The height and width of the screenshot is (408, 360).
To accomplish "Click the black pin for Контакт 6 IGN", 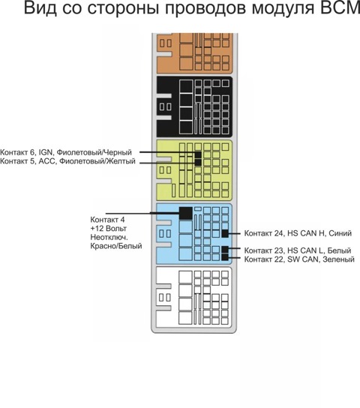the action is pos(198,154).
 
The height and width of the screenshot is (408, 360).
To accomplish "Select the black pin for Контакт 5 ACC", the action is pos(198,162).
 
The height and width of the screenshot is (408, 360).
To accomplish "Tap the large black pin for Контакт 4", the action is pos(186,213).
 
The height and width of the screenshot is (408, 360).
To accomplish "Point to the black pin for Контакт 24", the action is pos(225,233).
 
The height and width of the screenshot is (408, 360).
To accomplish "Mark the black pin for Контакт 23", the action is pos(225,250).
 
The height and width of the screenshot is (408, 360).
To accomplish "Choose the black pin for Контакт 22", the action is pos(225,257).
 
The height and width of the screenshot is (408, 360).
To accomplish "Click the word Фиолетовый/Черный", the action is pos(94,152).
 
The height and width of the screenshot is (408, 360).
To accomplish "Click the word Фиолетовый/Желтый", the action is pos(97,161).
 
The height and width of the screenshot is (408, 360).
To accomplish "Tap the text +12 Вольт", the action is pos(109,229).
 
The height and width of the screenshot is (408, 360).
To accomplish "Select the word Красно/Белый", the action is pos(116,246).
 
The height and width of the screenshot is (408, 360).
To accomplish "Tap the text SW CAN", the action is pos(303,259).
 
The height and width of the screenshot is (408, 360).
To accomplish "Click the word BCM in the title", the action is pos(340,7).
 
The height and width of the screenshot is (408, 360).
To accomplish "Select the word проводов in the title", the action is pos(205,8).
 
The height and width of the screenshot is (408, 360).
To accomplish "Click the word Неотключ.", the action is pos(109,237).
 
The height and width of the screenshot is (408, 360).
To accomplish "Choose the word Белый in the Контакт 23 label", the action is pos(339,250).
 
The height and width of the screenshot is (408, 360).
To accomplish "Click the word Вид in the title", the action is pos(40,7).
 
